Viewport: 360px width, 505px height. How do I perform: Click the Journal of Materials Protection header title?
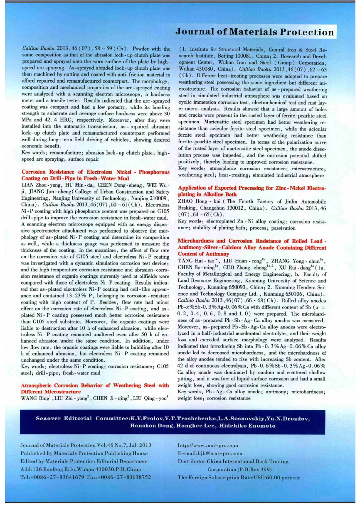(254, 32)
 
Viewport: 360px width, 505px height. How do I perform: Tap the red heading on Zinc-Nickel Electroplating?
(252, 191)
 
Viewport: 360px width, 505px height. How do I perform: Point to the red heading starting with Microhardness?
(252, 247)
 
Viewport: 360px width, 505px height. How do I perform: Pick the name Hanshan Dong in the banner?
(150, 426)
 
